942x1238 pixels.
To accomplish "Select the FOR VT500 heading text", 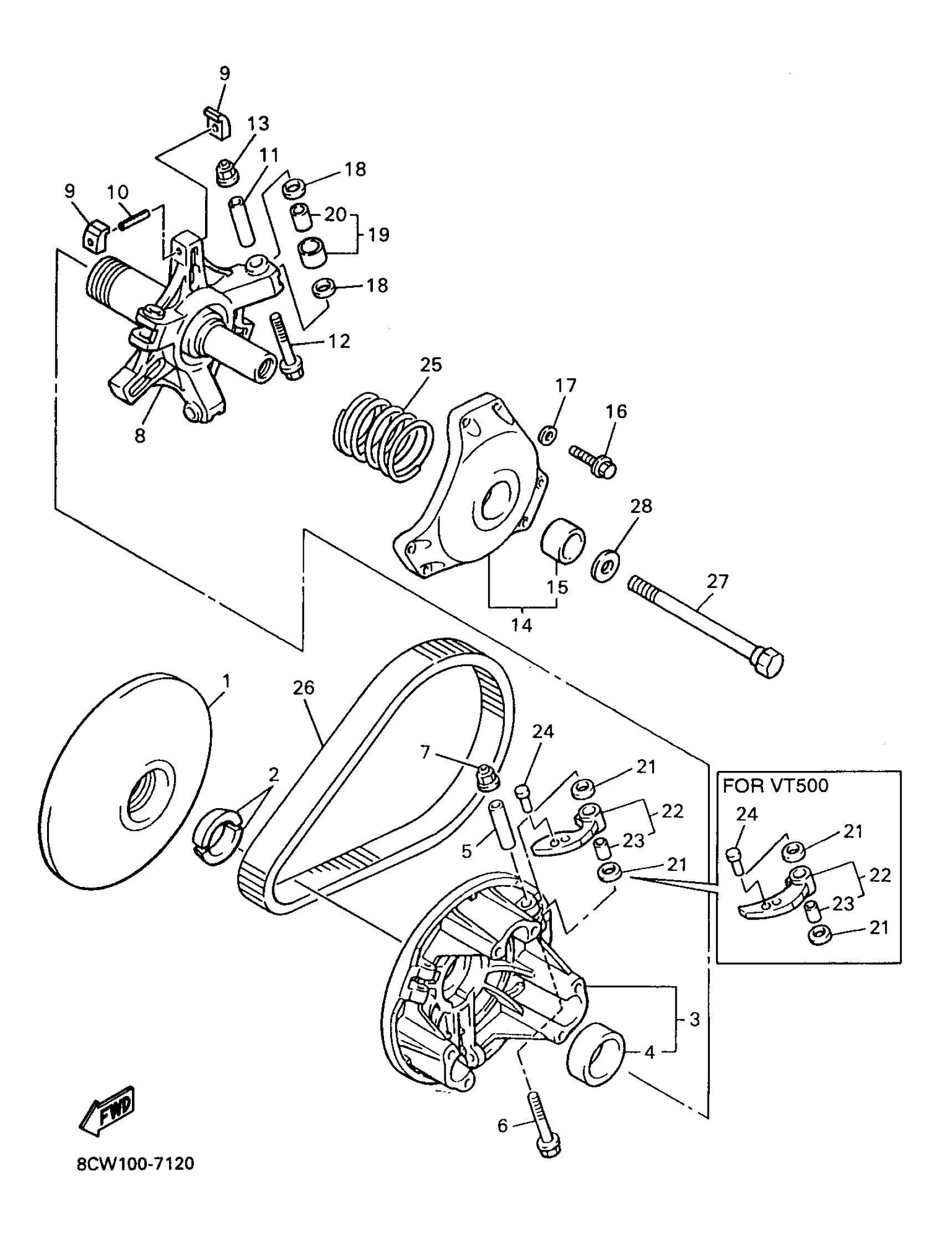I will pyautogui.click(x=775, y=785).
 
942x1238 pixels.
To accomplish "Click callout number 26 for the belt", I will pyautogui.click(x=304, y=687).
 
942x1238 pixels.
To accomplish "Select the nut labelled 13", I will pyautogui.click(x=227, y=172).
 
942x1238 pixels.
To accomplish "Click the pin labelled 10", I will pyautogui.click(x=134, y=218).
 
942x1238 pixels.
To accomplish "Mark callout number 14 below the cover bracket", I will pyautogui.click(x=521, y=624).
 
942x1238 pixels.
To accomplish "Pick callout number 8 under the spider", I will pyautogui.click(x=140, y=435).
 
